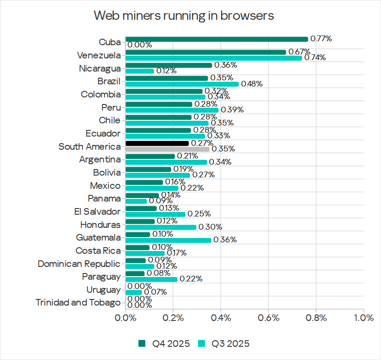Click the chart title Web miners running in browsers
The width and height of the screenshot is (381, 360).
click(184, 16)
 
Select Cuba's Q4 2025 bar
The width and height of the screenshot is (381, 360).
click(217, 39)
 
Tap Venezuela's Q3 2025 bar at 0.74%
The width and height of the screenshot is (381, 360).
click(214, 58)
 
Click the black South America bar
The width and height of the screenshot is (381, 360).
click(157, 143)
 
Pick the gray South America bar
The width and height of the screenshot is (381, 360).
click(167, 149)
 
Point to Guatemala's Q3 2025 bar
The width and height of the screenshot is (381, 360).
click(169, 240)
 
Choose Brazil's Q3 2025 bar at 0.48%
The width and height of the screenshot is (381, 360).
click(182, 84)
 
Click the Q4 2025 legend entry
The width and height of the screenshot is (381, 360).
click(165, 343)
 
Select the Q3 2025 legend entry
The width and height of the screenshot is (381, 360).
click(224, 343)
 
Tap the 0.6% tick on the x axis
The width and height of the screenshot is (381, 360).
click(268, 317)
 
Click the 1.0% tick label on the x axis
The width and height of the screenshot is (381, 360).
click(363, 317)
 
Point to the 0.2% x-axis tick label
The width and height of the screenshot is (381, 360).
click(173, 317)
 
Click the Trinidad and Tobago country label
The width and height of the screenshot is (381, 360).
click(78, 302)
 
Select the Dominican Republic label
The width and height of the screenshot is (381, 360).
click(79, 264)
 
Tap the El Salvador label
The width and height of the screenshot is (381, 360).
click(97, 212)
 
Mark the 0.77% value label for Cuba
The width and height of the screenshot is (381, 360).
click(321, 39)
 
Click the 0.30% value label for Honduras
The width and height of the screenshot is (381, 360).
click(211, 227)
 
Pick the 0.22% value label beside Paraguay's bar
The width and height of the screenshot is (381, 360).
click(191, 279)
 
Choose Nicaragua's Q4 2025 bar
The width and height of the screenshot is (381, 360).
click(169, 65)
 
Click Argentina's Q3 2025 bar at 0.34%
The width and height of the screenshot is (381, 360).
click(166, 162)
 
